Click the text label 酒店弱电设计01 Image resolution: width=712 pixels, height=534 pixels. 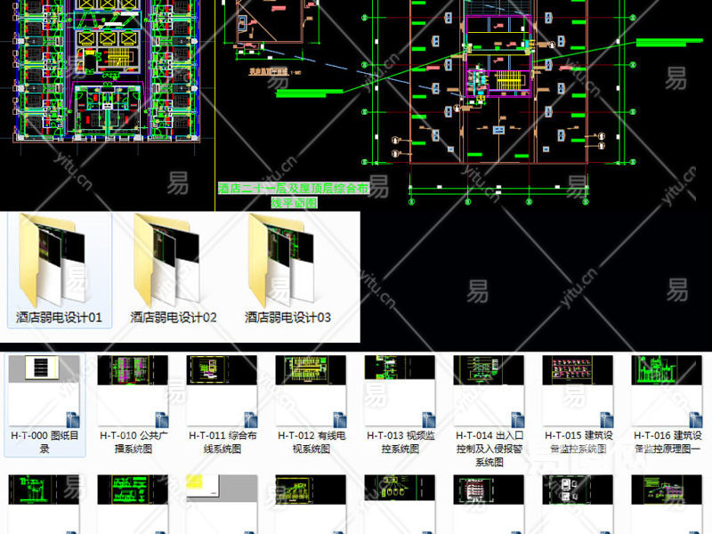[59, 317]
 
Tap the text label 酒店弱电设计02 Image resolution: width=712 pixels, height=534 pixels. [174, 317]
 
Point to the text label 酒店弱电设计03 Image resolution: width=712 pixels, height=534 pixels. [287, 317]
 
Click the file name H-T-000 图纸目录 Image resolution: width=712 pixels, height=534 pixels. [44, 442]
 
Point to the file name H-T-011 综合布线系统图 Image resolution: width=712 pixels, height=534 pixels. [222, 442]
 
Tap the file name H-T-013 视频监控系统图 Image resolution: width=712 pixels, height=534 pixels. [400, 442]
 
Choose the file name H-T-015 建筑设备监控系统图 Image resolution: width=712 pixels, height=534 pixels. [578, 442]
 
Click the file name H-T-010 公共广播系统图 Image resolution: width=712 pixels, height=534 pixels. [133, 442]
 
